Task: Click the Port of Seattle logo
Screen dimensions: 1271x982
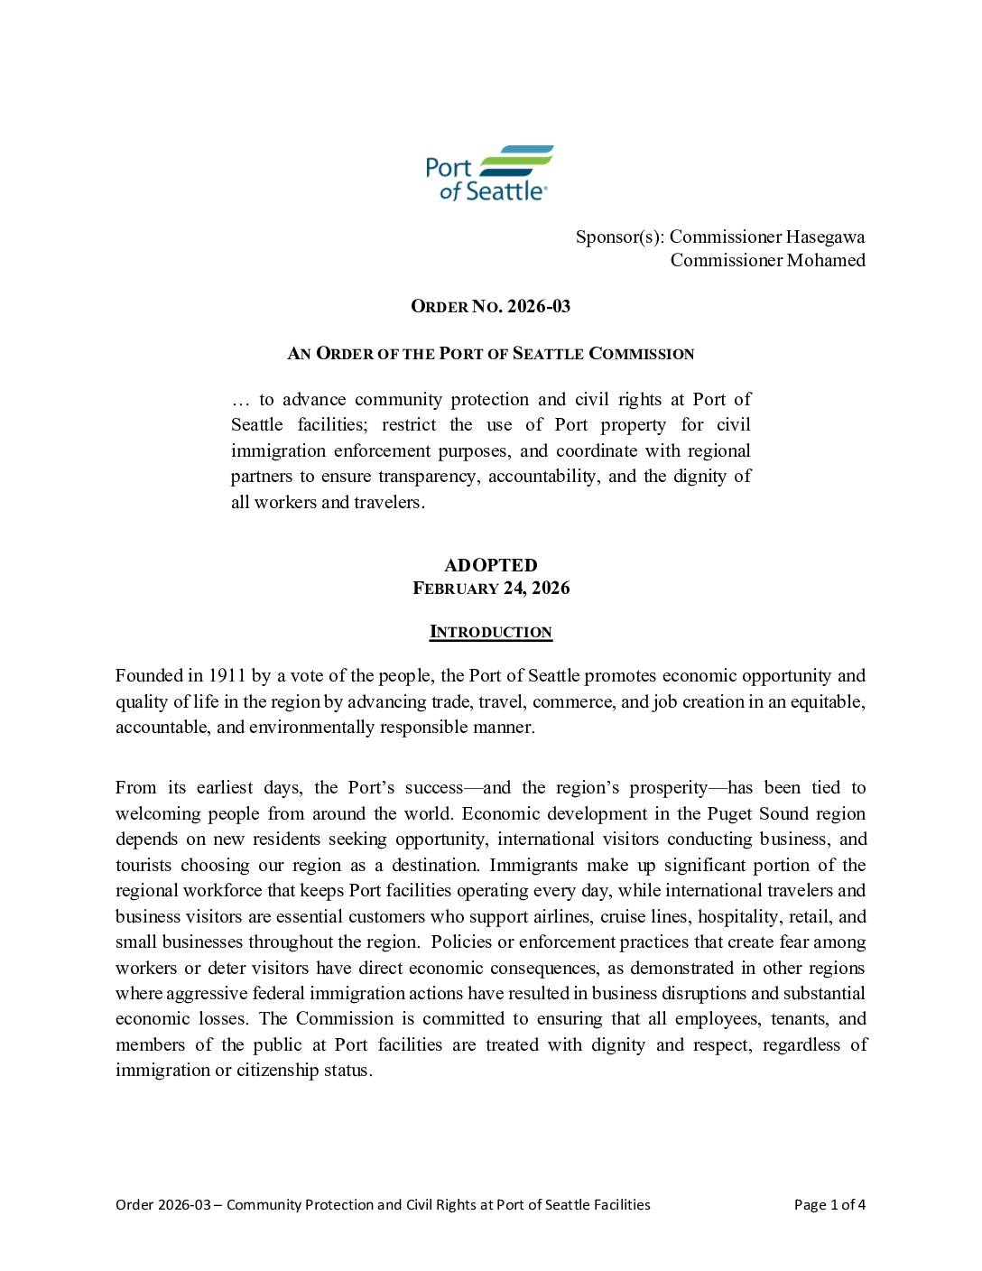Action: coord(490,172)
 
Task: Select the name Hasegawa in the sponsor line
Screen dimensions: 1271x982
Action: coord(825,237)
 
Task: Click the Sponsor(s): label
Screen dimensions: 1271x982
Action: coord(620,237)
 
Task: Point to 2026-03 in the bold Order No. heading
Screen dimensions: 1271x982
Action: coord(539,306)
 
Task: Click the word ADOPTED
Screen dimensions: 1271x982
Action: coord(490,565)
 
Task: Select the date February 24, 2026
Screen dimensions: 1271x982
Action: coord(491,589)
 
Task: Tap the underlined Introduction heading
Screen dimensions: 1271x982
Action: coord(490,632)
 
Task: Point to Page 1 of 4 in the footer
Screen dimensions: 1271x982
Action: coord(829,1204)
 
